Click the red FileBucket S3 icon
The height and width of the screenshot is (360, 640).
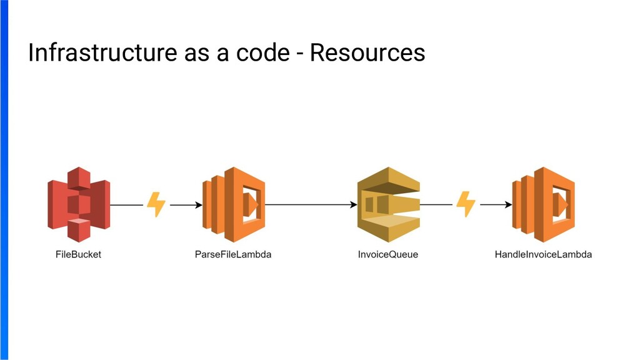79,204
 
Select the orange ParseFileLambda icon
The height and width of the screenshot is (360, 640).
233,204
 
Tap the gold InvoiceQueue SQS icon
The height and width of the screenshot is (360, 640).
388,204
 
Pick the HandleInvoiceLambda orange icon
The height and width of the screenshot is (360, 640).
543,204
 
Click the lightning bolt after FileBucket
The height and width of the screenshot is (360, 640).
156,204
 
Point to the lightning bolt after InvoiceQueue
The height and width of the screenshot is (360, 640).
466,204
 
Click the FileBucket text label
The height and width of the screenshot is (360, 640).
78,254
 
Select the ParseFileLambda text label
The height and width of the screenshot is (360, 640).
233,254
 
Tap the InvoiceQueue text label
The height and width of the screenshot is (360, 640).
388,254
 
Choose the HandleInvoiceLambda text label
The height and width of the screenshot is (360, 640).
543,254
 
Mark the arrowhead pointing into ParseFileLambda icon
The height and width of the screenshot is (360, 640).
198,204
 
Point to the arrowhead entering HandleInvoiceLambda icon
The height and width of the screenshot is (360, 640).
508,204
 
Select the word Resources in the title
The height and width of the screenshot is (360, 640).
367,53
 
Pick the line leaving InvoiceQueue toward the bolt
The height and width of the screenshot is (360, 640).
436,204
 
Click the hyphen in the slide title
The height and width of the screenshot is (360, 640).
300,54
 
